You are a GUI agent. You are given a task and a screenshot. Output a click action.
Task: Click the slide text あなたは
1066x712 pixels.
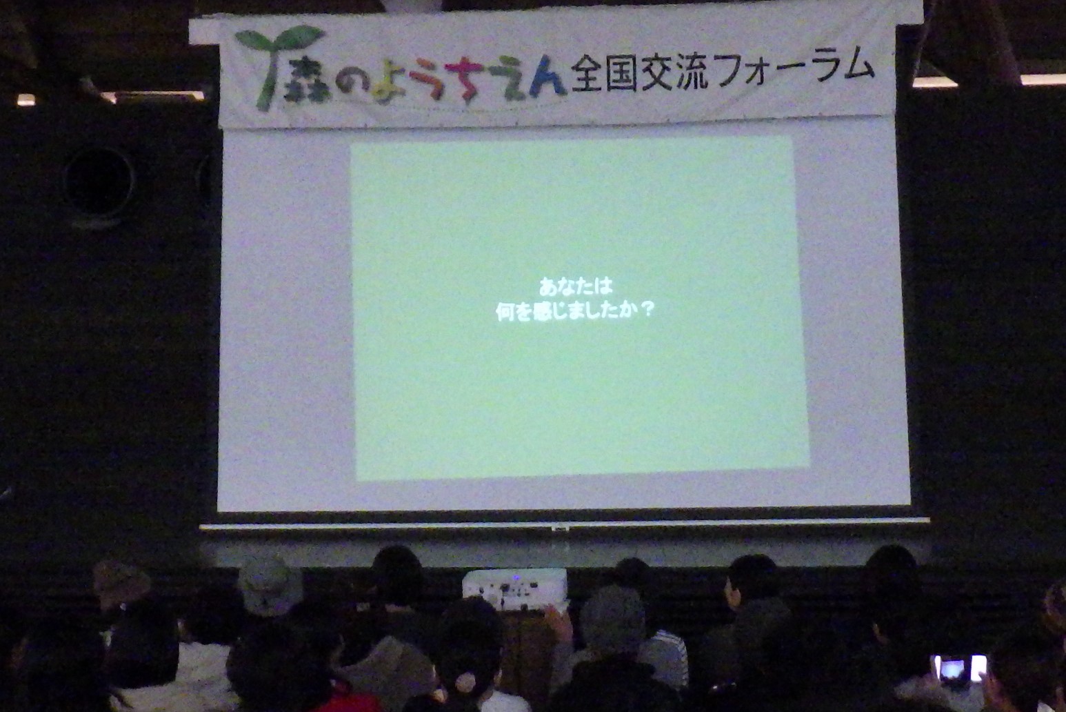[x=575, y=287]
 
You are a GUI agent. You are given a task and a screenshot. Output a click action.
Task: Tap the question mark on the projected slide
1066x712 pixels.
[x=647, y=310]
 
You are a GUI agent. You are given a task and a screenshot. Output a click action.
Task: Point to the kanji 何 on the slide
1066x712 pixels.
[x=505, y=313]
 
